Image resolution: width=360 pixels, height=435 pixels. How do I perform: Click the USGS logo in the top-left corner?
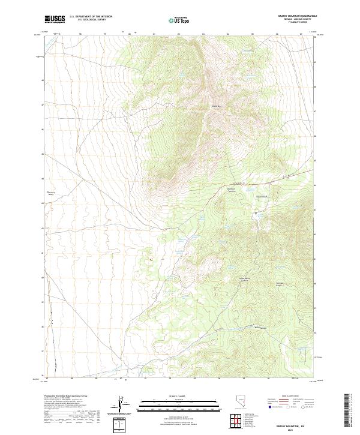coord(55,19)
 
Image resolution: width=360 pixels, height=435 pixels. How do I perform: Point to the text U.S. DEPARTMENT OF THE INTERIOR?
coord(91,17)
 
